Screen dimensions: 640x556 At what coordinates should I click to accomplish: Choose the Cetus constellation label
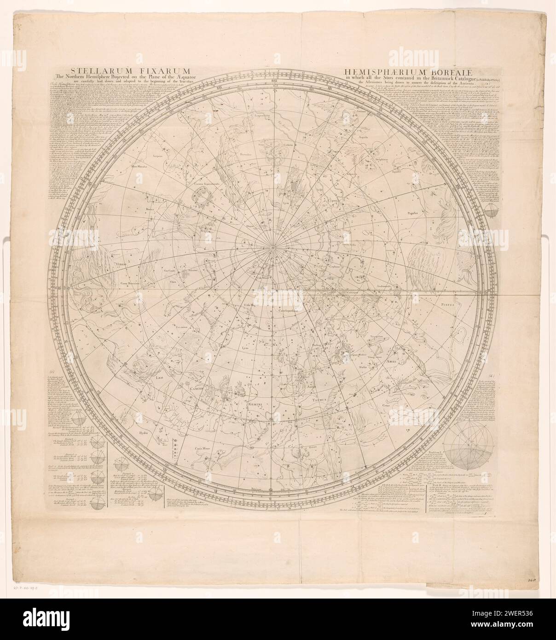(x=385, y=405)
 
